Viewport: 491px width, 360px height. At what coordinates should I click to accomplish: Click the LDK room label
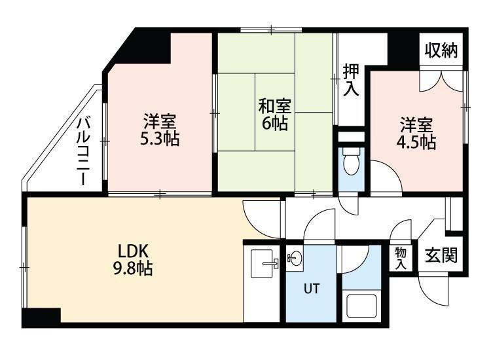pos(132,251)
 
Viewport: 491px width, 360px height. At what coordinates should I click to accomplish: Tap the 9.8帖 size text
pos(133,268)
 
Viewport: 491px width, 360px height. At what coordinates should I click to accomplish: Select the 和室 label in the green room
pos(274,107)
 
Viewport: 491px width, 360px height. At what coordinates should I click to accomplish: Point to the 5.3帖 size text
pos(160,139)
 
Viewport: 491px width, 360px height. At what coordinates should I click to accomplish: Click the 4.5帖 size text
pos(416,142)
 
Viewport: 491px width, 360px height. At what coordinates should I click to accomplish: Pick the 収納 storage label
pos(441,50)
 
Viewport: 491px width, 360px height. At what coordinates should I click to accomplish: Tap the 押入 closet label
pos(351,80)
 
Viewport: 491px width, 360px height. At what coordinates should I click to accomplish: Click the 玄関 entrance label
pos(441,255)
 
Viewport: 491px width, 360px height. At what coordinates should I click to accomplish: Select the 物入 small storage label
pos(401,258)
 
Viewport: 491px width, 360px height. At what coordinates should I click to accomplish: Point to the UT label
pos(312,288)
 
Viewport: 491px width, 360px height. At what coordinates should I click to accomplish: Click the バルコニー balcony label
pos(84,151)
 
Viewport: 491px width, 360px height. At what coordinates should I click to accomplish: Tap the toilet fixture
pos(352,162)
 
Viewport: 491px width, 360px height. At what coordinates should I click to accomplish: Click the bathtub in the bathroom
pos(361,306)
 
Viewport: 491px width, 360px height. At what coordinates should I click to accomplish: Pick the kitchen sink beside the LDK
pos(262,263)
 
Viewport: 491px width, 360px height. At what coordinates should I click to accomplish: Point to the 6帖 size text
pos(274,124)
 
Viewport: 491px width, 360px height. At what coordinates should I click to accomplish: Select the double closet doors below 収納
pos(441,81)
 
